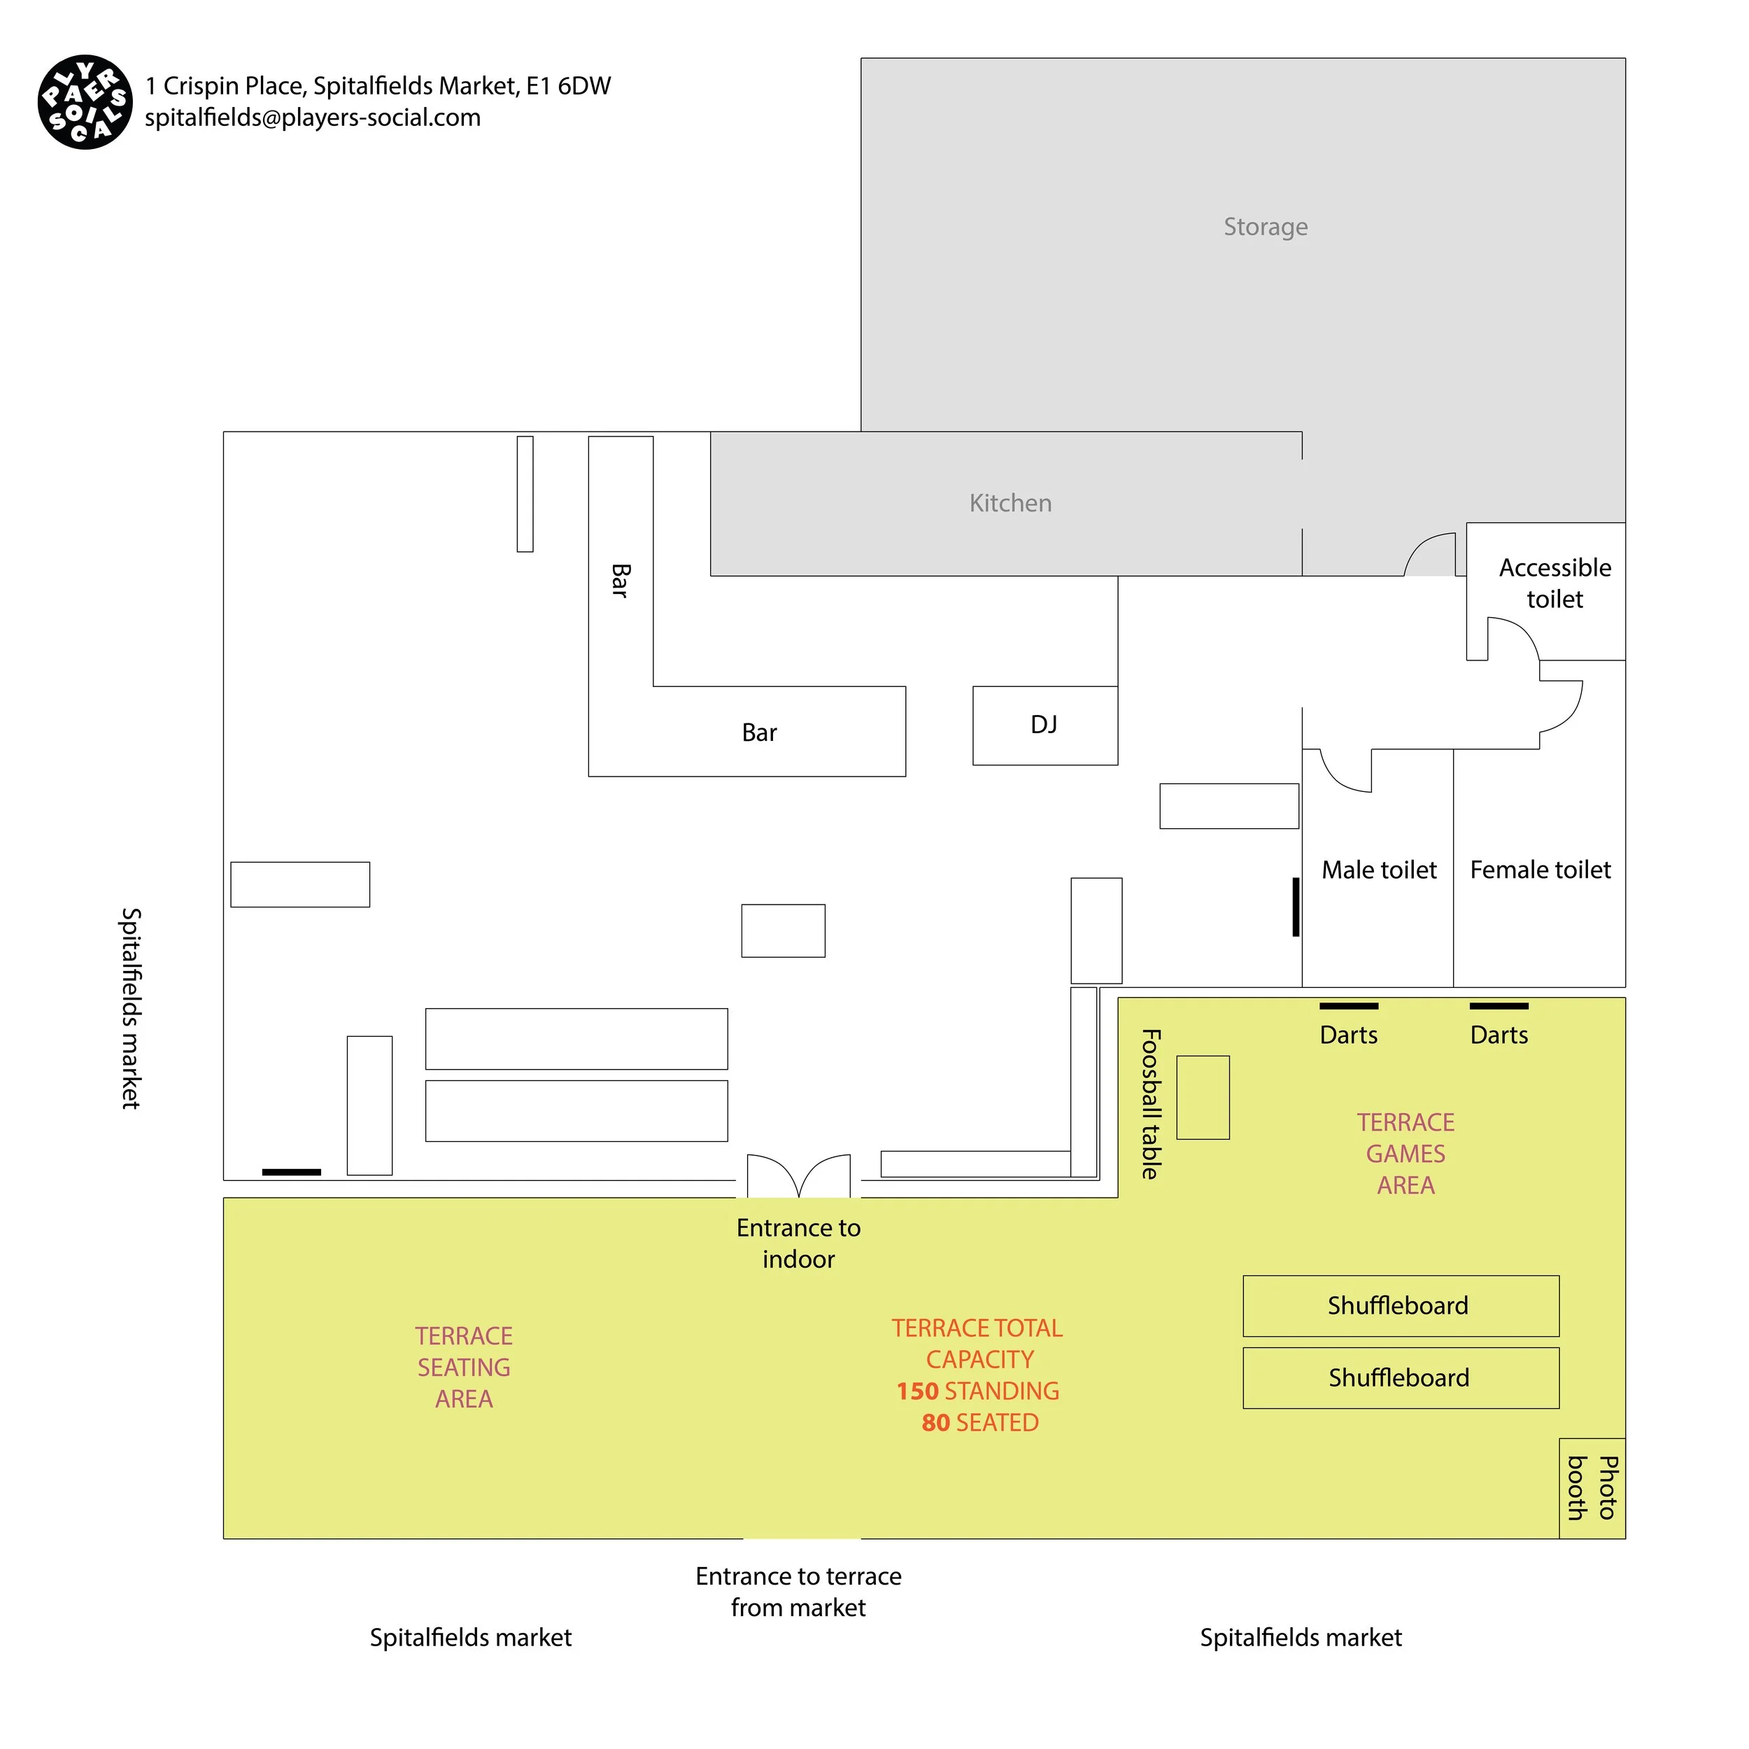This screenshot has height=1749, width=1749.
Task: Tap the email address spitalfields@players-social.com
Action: coord(312,118)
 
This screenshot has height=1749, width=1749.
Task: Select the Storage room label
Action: coord(1265,227)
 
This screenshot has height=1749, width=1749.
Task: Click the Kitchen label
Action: coord(1010,503)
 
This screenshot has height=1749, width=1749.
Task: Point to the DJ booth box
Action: coord(1044,725)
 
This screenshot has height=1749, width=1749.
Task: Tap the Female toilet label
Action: coord(1539,870)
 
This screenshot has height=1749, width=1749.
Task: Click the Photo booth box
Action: coord(1591,1487)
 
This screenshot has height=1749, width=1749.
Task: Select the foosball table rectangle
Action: coord(1202,1097)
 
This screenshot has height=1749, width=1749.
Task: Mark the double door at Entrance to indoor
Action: coord(798,1176)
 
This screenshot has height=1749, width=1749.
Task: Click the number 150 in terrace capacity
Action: coord(917,1392)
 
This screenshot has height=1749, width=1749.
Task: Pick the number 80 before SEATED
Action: coord(935,1423)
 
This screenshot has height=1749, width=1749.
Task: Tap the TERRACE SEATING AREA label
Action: coord(464,1367)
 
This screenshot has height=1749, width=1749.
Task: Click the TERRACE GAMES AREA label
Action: coord(1405,1154)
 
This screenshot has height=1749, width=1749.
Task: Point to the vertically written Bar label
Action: coord(620,580)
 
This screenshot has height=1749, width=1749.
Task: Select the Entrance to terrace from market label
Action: coord(798,1592)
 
